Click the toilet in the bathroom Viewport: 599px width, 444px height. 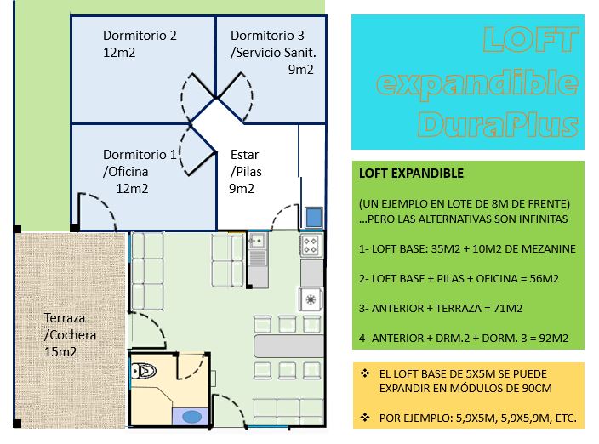[x=145, y=371]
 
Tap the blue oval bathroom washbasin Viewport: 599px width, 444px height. [x=192, y=417]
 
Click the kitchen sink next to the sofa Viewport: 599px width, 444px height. [x=256, y=243]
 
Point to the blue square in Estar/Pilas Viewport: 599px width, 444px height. [x=314, y=218]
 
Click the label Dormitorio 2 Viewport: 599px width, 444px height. [x=140, y=36]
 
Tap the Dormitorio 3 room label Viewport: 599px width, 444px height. [x=267, y=36]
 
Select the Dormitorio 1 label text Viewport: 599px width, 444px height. [x=140, y=155]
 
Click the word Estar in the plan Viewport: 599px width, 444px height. [x=244, y=155]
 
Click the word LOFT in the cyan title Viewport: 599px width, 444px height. [x=530, y=39]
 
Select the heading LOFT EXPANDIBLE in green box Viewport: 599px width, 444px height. [x=411, y=174]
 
